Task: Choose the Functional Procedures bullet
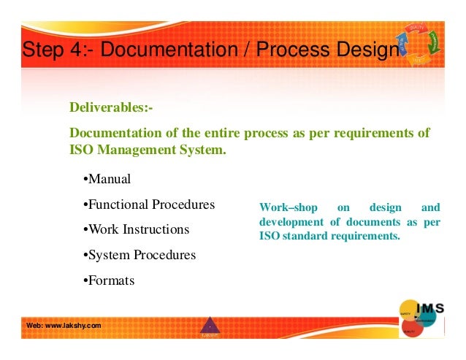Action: click(x=150, y=204)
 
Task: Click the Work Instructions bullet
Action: click(x=137, y=229)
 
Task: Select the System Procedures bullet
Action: click(x=140, y=255)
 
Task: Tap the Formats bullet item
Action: click(x=110, y=280)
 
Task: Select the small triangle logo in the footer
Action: click(x=210, y=326)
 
